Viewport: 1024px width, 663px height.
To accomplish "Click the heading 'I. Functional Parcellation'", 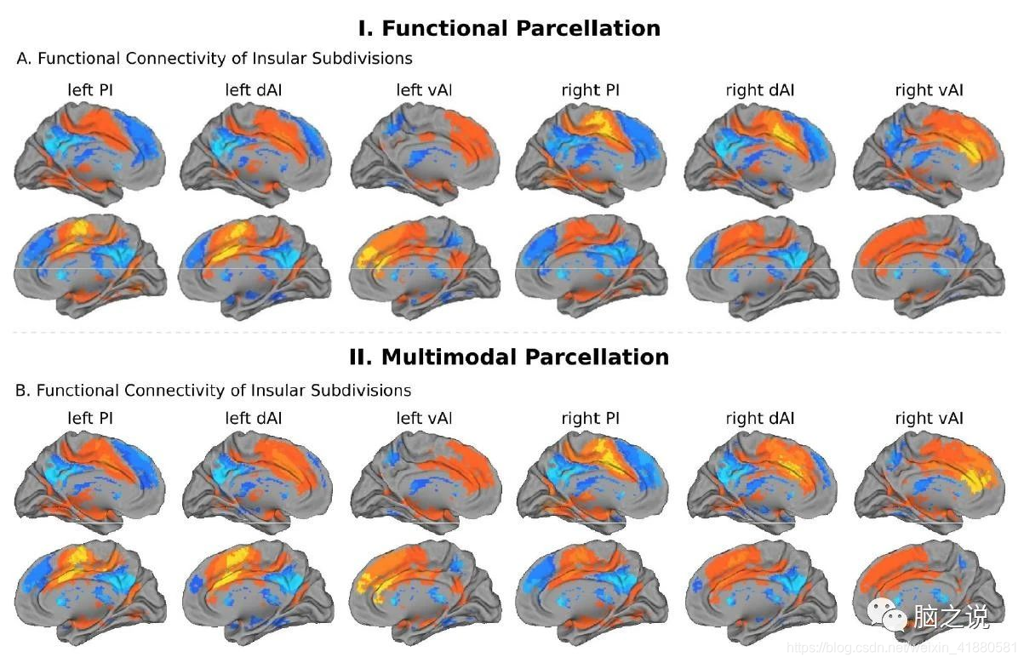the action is coord(509,28).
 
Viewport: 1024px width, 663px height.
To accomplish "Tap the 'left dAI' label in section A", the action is coord(253,89).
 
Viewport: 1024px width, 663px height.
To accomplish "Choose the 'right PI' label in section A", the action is coord(591,89).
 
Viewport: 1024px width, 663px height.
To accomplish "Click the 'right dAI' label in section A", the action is coord(759,89).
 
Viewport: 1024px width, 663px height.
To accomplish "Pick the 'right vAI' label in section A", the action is coord(929,89).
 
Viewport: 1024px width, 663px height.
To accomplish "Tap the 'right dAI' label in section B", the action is coord(759,418).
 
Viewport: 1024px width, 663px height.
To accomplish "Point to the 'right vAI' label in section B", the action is coord(929,418).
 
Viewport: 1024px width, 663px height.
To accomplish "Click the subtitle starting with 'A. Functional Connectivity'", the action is coord(215,59).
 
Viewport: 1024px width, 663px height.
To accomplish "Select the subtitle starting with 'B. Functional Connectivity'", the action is coord(214,391).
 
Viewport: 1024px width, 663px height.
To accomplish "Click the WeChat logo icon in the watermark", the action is coord(893,614).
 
